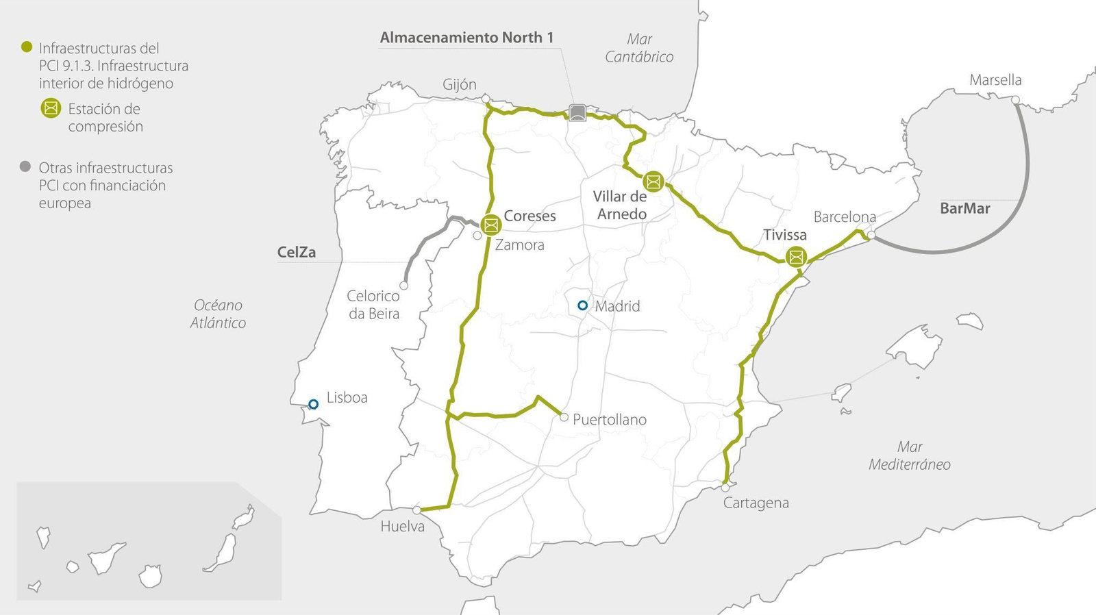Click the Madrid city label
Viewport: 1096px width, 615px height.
click(x=617, y=306)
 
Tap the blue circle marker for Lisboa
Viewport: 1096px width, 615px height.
click(x=313, y=404)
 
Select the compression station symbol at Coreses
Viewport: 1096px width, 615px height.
click(x=490, y=225)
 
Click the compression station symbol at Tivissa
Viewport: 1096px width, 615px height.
click(x=796, y=257)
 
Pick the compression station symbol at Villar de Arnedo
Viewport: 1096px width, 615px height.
click(x=653, y=181)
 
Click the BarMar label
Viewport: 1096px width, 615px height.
click(x=964, y=208)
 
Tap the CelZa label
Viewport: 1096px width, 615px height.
click(x=297, y=252)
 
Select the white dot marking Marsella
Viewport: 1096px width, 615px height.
click(x=1015, y=100)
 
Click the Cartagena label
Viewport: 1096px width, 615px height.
click(x=756, y=503)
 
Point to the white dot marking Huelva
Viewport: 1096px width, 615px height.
click(x=416, y=510)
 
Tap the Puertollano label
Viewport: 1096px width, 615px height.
click(x=609, y=419)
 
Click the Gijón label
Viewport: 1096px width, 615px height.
click(x=459, y=84)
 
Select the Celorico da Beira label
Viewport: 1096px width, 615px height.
click(x=373, y=305)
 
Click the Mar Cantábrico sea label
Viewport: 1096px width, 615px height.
click(x=639, y=48)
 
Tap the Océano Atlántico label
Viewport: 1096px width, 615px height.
click(x=218, y=314)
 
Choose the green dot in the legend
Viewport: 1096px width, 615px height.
click(x=26, y=47)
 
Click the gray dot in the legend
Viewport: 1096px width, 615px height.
click(x=25, y=166)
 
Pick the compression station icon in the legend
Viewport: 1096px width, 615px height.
click(x=51, y=108)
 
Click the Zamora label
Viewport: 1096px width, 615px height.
click(x=519, y=244)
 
